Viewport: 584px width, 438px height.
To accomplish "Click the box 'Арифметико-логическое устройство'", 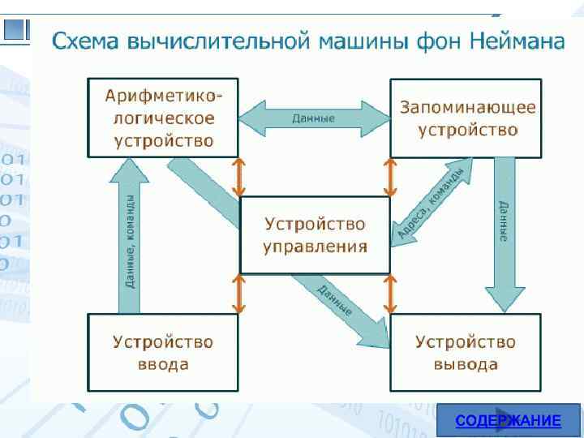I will (x=163, y=118).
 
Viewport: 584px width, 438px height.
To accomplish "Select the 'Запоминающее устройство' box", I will (x=466, y=118).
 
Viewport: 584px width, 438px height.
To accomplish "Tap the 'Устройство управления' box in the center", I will (x=315, y=235).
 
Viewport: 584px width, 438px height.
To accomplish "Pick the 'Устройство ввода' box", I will (x=163, y=353).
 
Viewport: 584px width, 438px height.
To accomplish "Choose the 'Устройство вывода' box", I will (x=466, y=353).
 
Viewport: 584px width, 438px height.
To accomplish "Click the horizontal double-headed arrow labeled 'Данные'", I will (x=315, y=118).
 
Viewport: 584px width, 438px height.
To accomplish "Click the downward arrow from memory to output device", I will (x=505, y=235).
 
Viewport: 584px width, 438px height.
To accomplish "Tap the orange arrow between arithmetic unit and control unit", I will (x=238, y=177).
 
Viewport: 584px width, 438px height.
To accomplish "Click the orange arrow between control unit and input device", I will (x=238, y=294).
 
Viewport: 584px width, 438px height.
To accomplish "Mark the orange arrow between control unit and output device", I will (x=390, y=294).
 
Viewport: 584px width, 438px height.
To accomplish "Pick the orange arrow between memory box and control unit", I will (x=390, y=177).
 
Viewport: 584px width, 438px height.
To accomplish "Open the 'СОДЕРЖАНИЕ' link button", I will (x=508, y=421).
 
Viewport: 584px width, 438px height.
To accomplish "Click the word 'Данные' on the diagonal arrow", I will (x=335, y=298).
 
